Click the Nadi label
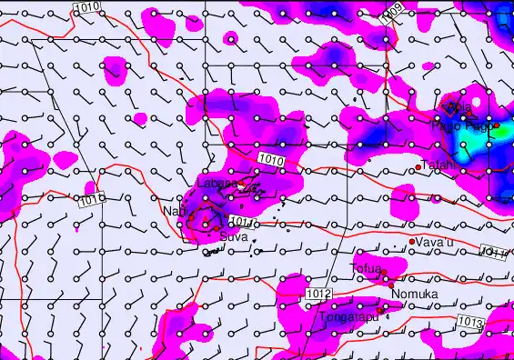coord(173,211)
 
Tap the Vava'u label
coord(436,242)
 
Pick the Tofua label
coord(365,268)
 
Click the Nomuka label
coord(414,294)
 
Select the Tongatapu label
coord(348,317)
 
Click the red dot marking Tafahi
coord(418,167)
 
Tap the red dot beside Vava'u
coord(413,241)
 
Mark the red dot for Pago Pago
coord(497,125)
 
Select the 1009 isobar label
coord(390,15)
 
